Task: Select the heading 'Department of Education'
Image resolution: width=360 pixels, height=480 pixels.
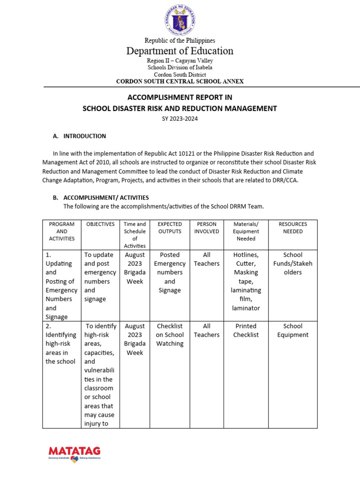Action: point(180,51)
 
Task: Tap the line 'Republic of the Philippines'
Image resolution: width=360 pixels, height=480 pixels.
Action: point(180,41)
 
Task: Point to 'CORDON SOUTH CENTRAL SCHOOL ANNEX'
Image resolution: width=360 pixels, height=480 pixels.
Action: point(180,81)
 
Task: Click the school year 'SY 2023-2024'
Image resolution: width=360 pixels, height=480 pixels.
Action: point(180,119)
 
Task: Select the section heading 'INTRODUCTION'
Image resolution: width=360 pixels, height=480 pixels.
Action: point(84,136)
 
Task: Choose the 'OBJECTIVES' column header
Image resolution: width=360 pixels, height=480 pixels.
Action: point(100,224)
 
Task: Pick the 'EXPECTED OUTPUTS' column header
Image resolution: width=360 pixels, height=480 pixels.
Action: point(170,228)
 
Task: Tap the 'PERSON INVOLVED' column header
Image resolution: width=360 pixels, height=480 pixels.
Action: point(206,228)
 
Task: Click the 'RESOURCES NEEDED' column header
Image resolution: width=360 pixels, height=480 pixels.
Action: point(292,228)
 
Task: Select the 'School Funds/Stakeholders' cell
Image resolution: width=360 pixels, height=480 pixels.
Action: point(292,263)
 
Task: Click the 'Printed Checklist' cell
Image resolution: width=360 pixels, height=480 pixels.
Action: point(246,330)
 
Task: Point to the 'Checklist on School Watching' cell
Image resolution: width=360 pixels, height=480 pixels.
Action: point(170,335)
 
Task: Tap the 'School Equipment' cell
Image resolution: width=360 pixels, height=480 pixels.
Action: point(292,330)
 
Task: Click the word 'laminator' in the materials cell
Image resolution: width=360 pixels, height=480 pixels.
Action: point(246,308)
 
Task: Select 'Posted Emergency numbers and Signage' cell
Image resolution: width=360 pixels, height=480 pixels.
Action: point(170,272)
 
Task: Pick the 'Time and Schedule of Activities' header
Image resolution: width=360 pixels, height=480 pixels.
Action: point(135,235)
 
